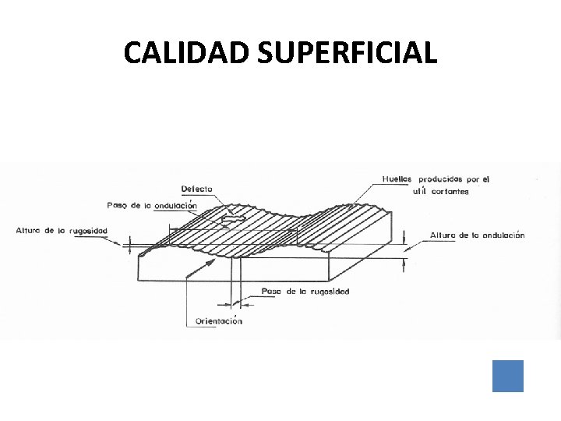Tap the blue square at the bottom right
(x=508, y=376)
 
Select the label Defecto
(x=196, y=189)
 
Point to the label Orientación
(x=218, y=320)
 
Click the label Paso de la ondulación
(x=151, y=205)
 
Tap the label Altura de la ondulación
(x=477, y=235)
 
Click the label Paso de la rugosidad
(x=305, y=291)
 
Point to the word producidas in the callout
(x=444, y=179)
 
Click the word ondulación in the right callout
(x=499, y=235)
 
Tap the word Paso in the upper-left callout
(x=116, y=205)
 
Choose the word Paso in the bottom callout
(x=271, y=291)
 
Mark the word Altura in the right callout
(x=443, y=235)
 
